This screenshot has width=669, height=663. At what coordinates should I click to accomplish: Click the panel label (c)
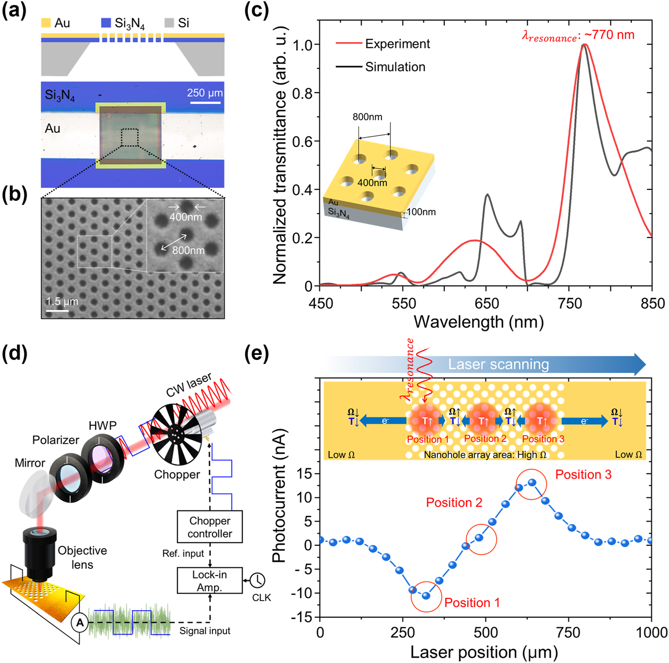click(256, 11)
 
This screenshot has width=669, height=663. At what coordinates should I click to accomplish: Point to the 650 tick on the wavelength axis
click(487, 304)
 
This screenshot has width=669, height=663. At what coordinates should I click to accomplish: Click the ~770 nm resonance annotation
click(578, 35)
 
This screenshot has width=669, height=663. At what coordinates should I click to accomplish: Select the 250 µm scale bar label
click(205, 93)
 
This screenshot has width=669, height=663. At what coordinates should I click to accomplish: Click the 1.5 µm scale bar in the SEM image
click(57, 310)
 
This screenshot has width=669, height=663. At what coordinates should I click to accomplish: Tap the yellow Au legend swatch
click(46, 23)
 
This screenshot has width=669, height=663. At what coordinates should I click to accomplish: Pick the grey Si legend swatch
click(169, 23)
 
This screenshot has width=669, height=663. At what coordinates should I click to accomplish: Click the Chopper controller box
click(210, 527)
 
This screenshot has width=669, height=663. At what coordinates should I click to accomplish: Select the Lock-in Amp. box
click(210, 581)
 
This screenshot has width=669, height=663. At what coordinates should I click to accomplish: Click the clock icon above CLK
click(257, 580)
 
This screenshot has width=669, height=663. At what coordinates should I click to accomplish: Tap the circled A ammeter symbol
click(80, 623)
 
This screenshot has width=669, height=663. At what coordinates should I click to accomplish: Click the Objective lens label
click(82, 557)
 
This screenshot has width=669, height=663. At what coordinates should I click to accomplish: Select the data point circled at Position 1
click(426, 596)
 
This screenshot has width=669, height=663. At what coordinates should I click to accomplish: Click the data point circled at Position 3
click(531, 483)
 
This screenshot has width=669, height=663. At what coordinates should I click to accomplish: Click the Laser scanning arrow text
click(498, 364)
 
